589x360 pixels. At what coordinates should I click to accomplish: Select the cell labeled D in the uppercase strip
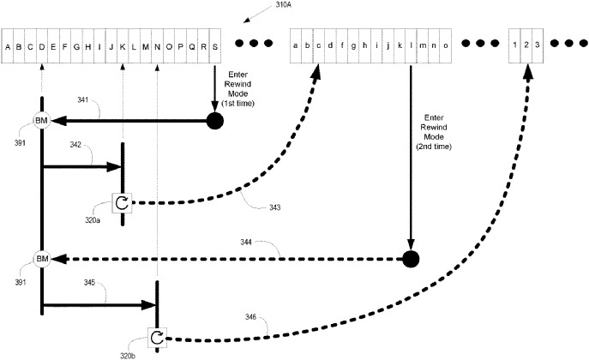(x=42, y=46)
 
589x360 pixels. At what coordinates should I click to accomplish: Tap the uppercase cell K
(x=123, y=46)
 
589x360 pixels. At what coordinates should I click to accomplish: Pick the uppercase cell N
(x=157, y=46)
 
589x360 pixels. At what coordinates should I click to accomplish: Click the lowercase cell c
(x=319, y=46)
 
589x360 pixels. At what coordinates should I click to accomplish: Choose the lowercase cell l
(x=412, y=46)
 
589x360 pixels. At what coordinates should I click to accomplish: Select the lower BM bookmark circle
(x=41, y=258)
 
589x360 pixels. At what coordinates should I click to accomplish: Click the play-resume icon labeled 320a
(x=123, y=203)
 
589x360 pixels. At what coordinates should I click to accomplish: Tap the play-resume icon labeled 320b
(x=156, y=338)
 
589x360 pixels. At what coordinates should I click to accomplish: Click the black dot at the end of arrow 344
(x=412, y=258)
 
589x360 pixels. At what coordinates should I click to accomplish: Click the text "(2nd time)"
(x=436, y=147)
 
